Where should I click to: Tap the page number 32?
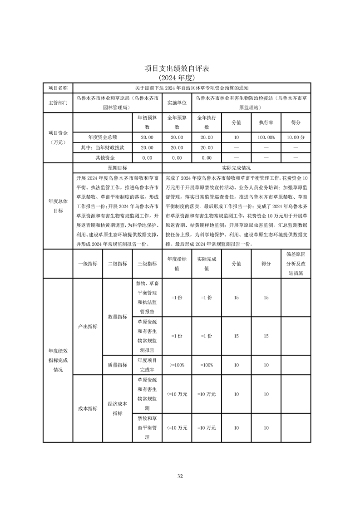180,476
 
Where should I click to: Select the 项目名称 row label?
58,88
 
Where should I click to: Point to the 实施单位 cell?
177,103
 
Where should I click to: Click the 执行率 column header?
266,122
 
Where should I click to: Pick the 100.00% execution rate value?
266,137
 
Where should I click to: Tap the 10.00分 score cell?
296,137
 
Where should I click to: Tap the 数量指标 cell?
117,317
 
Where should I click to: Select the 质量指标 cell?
117,365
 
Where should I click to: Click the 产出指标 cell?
88,326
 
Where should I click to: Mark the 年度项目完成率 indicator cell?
147,365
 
